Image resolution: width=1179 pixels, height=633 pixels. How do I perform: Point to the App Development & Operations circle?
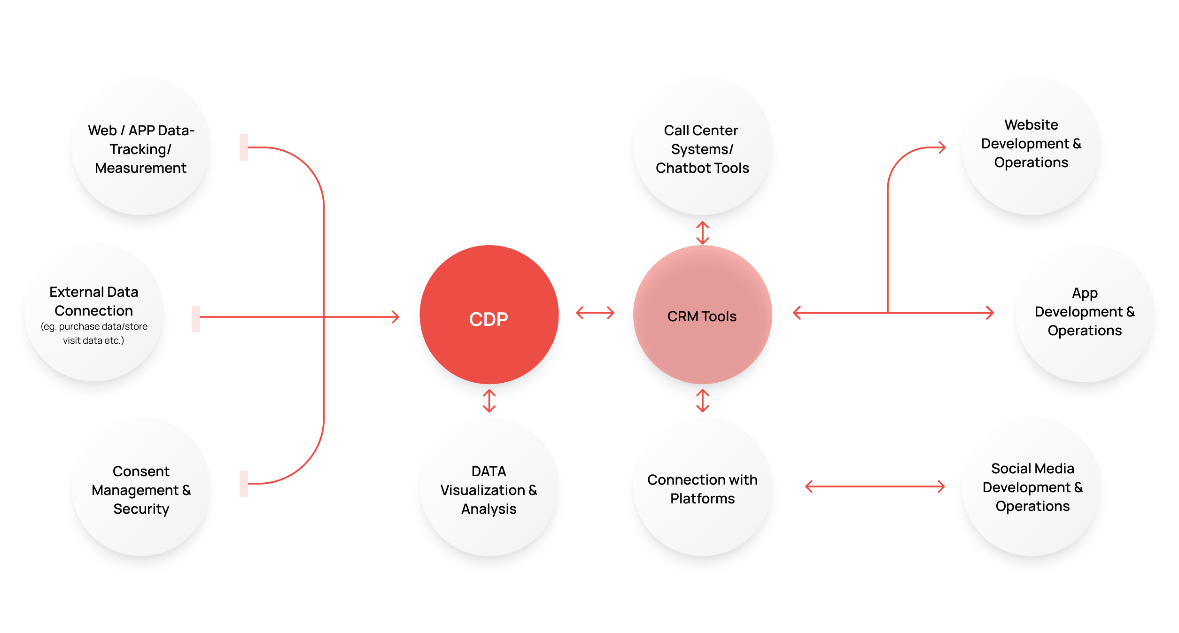tap(1085, 313)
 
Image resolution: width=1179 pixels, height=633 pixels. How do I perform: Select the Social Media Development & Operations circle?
tap(1032, 487)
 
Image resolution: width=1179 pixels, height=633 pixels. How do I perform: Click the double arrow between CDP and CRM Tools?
tap(595, 313)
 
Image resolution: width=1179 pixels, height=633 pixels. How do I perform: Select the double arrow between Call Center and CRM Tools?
tap(702, 233)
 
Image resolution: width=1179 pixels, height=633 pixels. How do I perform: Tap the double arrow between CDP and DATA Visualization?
tap(489, 401)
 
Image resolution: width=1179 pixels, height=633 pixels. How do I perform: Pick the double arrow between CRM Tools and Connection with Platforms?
tap(702, 401)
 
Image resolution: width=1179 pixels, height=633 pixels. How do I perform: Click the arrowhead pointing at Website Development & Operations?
tap(941, 147)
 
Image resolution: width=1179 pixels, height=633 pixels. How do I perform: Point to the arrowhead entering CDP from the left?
tap(396, 317)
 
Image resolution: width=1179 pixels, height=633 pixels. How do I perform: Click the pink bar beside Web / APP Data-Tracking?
tap(243, 147)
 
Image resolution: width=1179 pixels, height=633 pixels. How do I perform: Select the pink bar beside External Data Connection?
tap(196, 319)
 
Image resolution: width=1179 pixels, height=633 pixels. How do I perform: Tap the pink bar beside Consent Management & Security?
tap(243, 484)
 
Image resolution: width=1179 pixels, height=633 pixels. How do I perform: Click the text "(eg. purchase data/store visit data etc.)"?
tap(94, 333)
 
